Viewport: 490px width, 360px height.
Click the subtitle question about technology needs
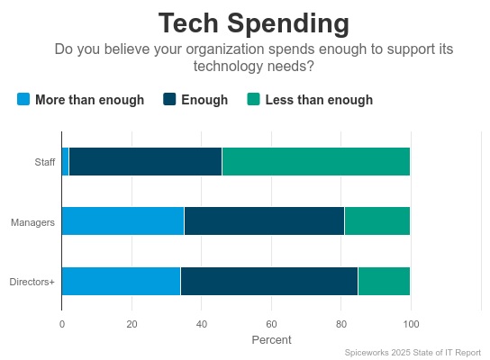coord(253,57)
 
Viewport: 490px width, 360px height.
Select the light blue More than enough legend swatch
coord(23,99)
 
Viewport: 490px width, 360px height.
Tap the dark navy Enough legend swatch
coord(169,99)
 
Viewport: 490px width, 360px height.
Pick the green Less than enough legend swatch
coord(253,99)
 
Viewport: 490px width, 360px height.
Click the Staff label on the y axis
coord(44,162)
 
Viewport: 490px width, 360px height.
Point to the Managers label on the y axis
coord(33,221)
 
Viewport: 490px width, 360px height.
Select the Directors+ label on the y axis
coord(32,282)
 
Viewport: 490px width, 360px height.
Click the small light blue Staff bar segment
coord(65,162)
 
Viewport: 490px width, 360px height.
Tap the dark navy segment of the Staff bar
coord(145,162)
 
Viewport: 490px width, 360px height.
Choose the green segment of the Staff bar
coord(315,162)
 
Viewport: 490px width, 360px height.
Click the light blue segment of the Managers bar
coord(122,221)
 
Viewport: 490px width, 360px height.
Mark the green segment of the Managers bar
coord(377,221)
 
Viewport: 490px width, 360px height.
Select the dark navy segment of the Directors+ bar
coord(268,282)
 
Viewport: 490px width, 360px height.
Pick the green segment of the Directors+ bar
coord(384,282)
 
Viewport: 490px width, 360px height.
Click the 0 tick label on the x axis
coord(61,324)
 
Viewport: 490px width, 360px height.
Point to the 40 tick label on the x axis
coord(201,324)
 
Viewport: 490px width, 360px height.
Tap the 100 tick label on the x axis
coord(411,324)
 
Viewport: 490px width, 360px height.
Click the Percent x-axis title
coord(271,340)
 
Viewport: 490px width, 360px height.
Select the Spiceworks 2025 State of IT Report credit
coord(413,353)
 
